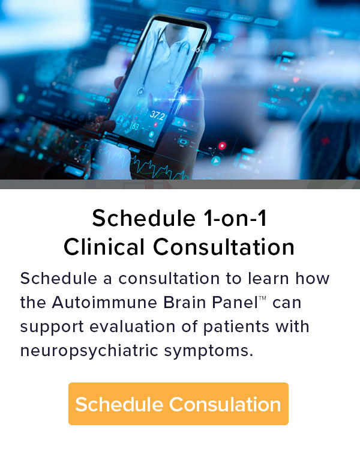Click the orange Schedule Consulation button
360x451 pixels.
coord(178,404)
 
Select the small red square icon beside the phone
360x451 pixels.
coord(222,145)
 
